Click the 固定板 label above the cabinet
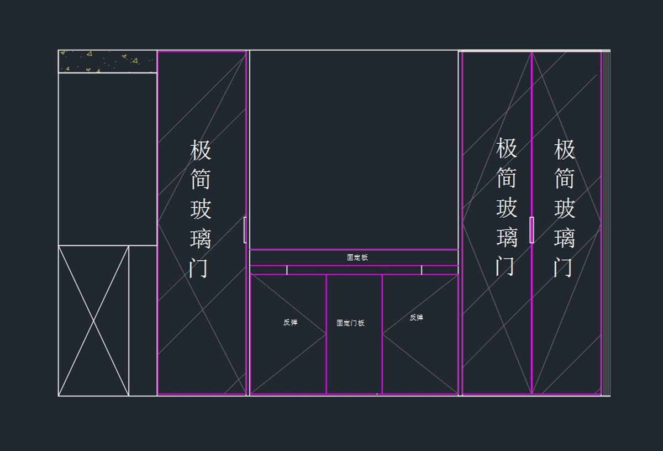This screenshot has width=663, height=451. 357,258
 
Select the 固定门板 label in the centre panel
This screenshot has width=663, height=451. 351,323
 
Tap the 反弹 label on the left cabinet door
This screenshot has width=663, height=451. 290,322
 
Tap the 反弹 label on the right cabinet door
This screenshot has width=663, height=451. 417,317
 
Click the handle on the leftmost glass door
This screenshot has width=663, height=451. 245,229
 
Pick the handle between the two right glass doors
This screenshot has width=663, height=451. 532,229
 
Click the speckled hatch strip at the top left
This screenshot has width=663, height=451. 108,61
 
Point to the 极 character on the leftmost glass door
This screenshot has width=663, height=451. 201,150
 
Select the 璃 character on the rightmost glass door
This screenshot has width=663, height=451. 565,239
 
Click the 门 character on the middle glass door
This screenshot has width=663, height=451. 506,266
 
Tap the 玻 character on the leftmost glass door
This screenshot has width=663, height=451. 201,209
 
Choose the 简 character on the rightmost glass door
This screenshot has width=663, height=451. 565,179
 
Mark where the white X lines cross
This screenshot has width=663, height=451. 94,321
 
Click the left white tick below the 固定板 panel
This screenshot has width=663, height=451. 287,270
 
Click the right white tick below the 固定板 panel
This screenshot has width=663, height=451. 422,270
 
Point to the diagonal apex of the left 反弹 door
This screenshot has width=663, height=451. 326,334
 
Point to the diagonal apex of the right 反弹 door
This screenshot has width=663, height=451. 383,334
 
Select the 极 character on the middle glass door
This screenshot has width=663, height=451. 506,148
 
